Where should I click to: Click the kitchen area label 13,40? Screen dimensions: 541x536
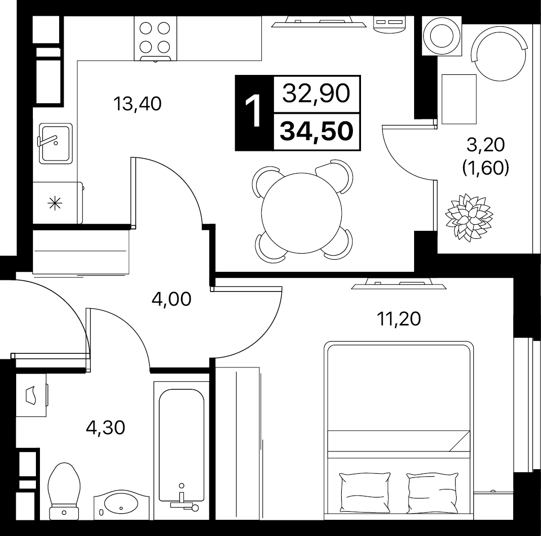coord(138,104)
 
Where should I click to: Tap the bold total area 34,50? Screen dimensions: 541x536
coord(317,132)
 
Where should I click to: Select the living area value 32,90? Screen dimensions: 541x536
coord(317,93)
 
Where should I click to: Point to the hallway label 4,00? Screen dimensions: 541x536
coord(171,299)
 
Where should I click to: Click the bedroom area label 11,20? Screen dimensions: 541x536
coord(399,319)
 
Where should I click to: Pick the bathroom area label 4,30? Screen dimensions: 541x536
coord(105,428)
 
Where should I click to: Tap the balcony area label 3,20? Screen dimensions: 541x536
coord(486,145)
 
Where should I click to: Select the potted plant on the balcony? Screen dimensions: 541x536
coord(469,216)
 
